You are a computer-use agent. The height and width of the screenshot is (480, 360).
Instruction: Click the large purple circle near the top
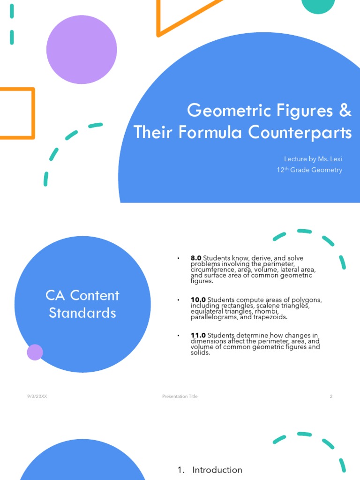tap(82, 49)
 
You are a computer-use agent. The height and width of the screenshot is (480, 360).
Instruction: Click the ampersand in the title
tap(345, 111)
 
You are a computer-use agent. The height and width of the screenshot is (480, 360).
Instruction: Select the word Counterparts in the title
tap(300, 133)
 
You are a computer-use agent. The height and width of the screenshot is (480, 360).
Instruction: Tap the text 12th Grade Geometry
tap(309, 170)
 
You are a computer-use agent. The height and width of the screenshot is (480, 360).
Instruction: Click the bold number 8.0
tap(196, 258)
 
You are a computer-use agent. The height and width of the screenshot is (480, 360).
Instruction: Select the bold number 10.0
tap(198, 300)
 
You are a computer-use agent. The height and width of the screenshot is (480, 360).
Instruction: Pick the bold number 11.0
tap(198, 335)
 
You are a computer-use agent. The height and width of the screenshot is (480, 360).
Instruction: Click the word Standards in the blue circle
tap(82, 313)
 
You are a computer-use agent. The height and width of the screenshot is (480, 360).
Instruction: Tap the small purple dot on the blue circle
tap(35, 352)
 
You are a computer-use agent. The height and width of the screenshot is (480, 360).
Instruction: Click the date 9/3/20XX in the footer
tap(37, 397)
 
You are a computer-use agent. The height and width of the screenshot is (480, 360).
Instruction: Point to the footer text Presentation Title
tap(180, 397)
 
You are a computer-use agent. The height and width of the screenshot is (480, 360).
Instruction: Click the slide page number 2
tap(331, 397)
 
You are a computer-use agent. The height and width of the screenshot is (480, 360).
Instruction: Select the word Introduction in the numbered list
tap(217, 470)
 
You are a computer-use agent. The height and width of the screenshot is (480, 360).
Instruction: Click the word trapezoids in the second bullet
tap(271, 317)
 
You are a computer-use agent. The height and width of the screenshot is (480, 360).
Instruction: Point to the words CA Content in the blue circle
tap(82, 296)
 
